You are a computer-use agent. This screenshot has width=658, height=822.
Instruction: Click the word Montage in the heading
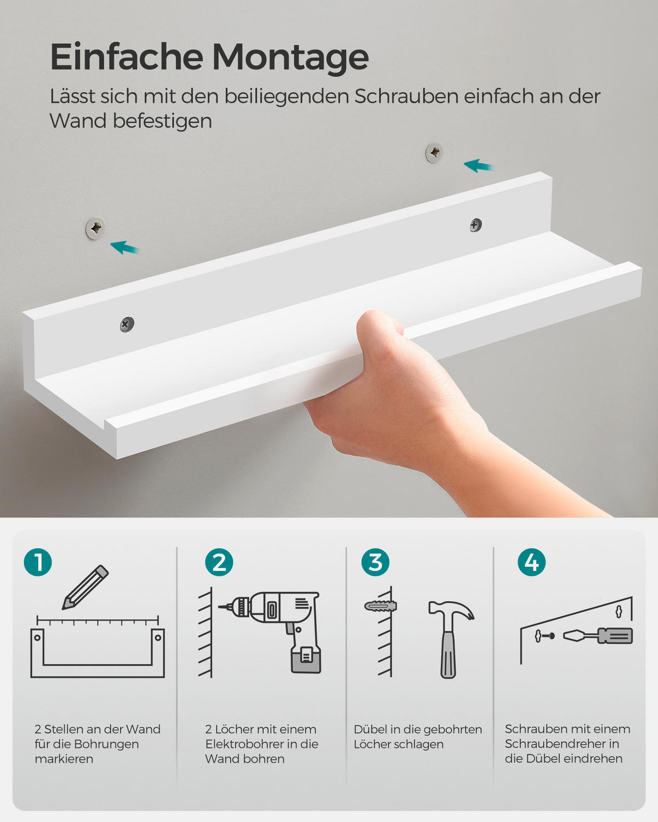point(290,57)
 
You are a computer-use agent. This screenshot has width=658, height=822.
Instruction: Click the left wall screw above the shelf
point(96,227)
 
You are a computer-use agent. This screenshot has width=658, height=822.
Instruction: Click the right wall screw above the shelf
point(434,153)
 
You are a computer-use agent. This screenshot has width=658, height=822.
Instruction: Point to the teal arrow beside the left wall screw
point(125,248)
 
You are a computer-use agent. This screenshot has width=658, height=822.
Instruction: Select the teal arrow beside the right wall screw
point(478,165)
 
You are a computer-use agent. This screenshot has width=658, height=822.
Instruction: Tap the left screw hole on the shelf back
point(127,324)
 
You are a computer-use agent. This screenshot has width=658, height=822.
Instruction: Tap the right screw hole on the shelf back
point(476,224)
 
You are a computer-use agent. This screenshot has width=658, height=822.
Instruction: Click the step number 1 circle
point(38,562)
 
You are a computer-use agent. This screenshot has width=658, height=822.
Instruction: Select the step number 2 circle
point(219,562)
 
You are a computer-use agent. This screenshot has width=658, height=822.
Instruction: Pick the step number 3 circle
point(376,562)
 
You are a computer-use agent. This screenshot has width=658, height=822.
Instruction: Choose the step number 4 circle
point(532,562)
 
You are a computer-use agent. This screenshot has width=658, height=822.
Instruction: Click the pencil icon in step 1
point(86,587)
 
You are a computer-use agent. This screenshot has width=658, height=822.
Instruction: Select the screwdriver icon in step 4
point(598,636)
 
